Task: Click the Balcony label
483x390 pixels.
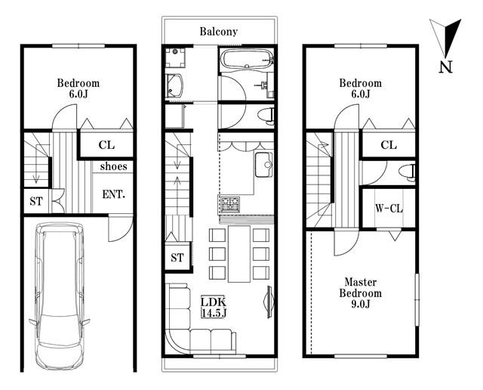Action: coord(218,32)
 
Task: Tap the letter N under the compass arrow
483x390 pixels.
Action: coord(445,67)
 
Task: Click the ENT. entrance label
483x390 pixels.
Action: coord(113,194)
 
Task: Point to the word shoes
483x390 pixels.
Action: coord(113,166)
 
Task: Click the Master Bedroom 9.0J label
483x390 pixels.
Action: coord(361,293)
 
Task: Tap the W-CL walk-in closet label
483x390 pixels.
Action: coord(389,209)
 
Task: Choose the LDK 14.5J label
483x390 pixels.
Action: coord(214,307)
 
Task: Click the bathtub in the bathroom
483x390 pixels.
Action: coord(248,59)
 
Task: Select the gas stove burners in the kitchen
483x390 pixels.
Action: coord(230,204)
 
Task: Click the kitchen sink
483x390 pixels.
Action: coord(263,165)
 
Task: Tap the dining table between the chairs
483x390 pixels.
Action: coord(239,254)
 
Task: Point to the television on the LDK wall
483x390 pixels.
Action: coord(269,302)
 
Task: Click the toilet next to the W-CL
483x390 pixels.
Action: coord(407,173)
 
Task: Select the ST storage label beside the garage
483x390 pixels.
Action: coord(36,201)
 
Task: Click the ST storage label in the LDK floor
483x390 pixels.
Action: coord(177,257)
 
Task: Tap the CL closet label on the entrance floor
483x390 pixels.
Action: coord(106,144)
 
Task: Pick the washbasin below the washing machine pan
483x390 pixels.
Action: coord(175,85)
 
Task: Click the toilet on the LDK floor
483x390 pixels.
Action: coord(266,116)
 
